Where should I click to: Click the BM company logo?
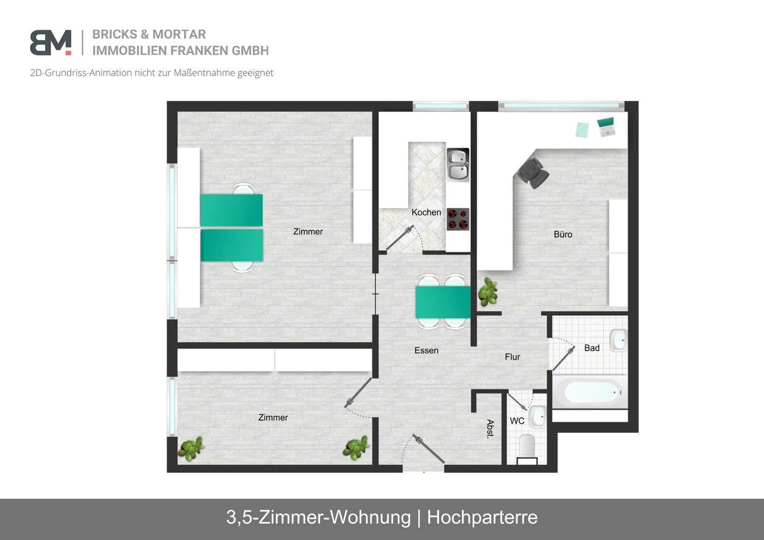50,42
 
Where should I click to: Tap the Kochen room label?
426,212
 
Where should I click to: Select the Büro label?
562,234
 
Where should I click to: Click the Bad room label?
592,348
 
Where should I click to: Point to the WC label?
517,421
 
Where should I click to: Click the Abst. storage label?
490,429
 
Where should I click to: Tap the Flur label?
512,357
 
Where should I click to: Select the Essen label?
426,350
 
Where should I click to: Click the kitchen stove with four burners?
458,219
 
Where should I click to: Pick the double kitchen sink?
457,164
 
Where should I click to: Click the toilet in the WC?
527,446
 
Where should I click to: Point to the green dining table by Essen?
442,302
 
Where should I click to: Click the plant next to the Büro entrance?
488,292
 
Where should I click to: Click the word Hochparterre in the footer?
482,517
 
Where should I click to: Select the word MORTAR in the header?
179,34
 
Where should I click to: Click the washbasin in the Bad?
618,340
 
